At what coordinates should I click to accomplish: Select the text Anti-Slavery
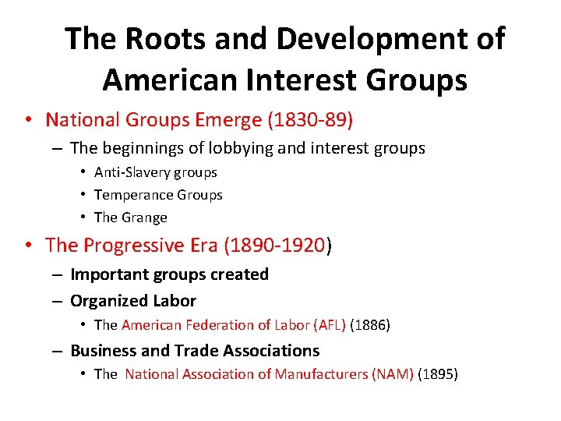click(x=132, y=172)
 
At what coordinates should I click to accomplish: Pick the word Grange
click(x=143, y=218)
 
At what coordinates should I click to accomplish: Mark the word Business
click(x=101, y=351)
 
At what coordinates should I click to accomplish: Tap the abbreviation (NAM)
click(x=396, y=374)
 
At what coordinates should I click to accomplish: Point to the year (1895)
click(x=438, y=374)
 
